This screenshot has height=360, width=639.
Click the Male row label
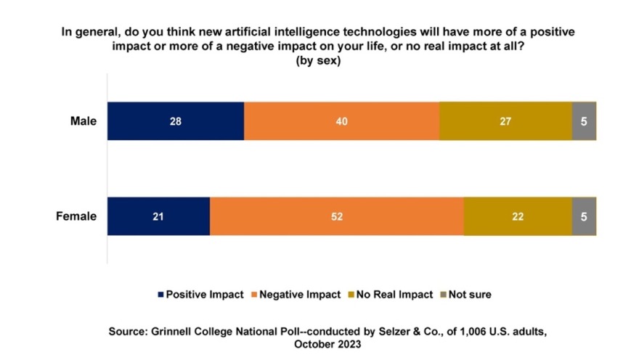coord(83,121)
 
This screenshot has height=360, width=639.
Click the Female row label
coord(76,216)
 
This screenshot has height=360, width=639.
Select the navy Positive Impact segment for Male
coord(176,121)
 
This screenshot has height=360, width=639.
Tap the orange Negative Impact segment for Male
coord(341,121)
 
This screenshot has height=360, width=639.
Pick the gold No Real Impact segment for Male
coord(505,121)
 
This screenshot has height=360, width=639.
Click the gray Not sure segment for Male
coord(584,121)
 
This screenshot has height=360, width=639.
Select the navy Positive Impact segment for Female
coord(158,216)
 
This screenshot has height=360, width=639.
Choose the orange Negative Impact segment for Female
coord(336,216)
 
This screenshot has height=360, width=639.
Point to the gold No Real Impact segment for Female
coord(518,216)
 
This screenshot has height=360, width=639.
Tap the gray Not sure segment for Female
coord(584,216)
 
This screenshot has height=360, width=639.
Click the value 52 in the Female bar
coord(336,216)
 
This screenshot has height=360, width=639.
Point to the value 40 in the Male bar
coord(341,121)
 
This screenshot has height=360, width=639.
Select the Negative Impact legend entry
coord(295,295)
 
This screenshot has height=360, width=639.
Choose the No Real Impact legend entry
coord(392,295)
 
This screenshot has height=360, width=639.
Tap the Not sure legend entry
coord(465,295)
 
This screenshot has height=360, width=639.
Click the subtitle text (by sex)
coord(318,61)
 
